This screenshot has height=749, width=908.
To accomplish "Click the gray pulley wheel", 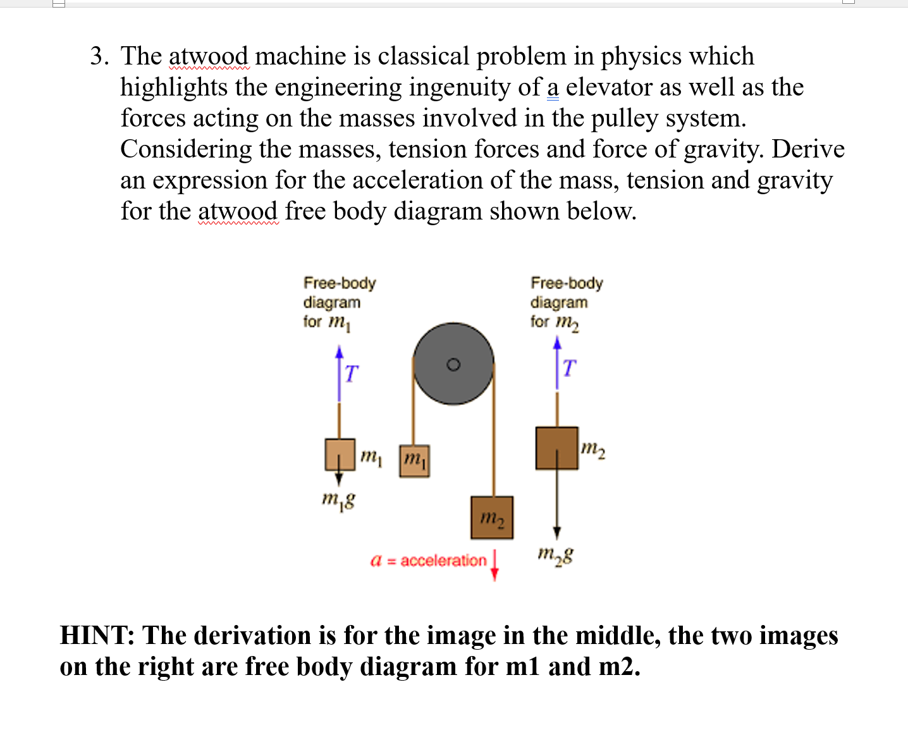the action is [x=453, y=364].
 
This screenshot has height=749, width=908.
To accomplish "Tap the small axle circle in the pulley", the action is [x=453, y=364].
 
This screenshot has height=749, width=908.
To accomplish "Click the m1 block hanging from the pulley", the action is [x=414, y=461].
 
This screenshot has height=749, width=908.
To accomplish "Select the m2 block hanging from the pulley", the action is [x=492, y=517].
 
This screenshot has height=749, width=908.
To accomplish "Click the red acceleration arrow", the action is [x=494, y=566].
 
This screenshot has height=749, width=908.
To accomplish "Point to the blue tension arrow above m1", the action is [x=339, y=373].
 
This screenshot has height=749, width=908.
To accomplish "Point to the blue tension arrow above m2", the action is [x=557, y=363].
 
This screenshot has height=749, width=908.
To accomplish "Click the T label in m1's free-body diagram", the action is [x=352, y=373].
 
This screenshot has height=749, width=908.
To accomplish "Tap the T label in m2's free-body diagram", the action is [x=569, y=368].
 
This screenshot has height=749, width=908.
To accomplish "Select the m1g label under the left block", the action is [x=338, y=500].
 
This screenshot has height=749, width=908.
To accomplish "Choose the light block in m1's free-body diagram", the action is [x=340, y=454].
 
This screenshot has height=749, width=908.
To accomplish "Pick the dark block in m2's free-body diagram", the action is [x=557, y=448].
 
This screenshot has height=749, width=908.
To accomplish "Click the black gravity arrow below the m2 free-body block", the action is [x=557, y=504].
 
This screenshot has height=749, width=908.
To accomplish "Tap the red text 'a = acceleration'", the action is [x=428, y=560].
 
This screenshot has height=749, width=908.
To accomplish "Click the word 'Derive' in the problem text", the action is [x=808, y=149].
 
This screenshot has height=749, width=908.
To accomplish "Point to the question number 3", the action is [x=99, y=56].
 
